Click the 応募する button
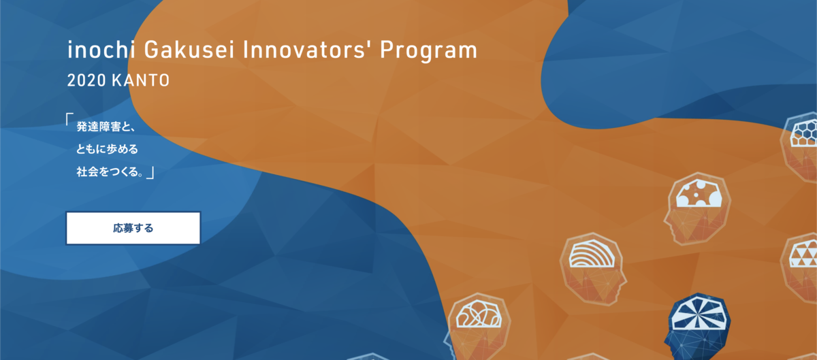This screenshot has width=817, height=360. [133, 228]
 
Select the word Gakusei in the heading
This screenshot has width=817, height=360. [189, 50]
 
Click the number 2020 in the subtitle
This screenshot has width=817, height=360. [86, 80]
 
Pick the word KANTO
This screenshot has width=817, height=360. [141, 80]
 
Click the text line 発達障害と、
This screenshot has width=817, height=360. [106, 127]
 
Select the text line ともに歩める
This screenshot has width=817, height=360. [108, 149]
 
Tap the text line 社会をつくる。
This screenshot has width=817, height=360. [110, 171]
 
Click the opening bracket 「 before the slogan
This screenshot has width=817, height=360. [69, 119]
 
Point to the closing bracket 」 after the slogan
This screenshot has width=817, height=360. [150, 173]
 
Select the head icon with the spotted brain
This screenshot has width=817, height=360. [697, 209]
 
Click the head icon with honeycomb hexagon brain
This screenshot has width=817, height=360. [799, 146]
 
